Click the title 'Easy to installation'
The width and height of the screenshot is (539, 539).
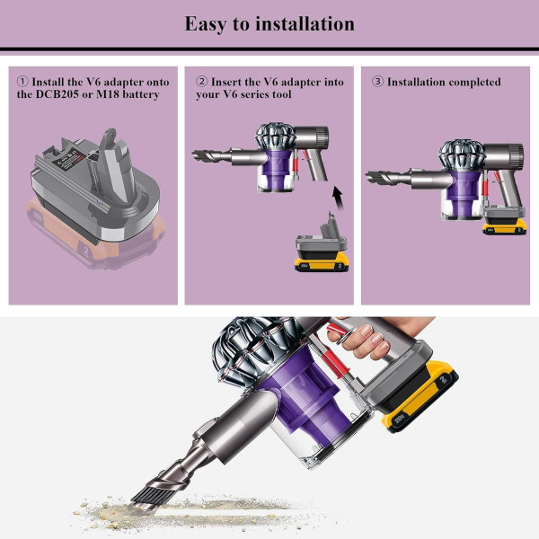[269, 23]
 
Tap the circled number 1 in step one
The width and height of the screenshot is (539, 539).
[22, 82]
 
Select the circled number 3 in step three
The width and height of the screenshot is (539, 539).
[377, 82]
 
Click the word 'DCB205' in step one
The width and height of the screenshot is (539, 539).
[60, 95]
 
